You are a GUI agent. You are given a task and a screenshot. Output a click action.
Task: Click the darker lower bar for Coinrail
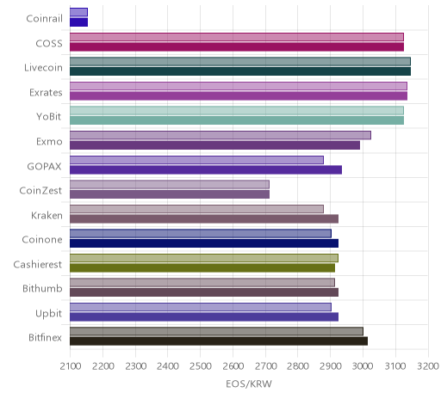click(78, 22)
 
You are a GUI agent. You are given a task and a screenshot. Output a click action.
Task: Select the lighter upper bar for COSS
click(237, 37)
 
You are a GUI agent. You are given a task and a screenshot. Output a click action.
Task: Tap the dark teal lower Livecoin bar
click(240, 71)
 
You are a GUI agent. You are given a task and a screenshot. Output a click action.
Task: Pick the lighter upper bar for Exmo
click(220, 135)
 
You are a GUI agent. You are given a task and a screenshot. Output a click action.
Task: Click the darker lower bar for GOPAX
click(206, 169)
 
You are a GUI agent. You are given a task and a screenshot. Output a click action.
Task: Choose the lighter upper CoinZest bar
click(170, 184)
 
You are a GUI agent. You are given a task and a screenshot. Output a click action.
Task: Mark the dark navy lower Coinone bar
click(204, 243)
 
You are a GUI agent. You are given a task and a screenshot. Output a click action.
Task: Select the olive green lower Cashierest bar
click(202, 267)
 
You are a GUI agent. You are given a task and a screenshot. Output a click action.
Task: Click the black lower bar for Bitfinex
click(219, 341)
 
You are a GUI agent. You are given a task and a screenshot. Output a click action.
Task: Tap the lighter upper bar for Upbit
click(201, 307)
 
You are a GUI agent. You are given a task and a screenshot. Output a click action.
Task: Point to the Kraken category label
click(47, 215)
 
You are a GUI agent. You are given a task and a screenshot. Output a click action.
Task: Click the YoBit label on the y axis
click(49, 117)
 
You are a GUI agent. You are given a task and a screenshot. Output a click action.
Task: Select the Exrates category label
click(46, 92)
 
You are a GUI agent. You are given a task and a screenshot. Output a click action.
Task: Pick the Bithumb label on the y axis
click(42, 288)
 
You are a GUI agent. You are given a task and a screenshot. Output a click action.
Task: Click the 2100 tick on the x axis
click(71, 366)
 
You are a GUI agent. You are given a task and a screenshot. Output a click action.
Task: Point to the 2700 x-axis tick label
click(265, 366)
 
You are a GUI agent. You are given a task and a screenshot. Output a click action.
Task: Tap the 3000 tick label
click(363, 366)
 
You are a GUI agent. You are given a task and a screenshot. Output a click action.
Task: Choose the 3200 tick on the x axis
click(428, 366)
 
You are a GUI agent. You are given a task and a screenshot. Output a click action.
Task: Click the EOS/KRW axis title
click(249, 384)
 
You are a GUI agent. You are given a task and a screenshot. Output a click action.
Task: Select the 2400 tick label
click(168, 366)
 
